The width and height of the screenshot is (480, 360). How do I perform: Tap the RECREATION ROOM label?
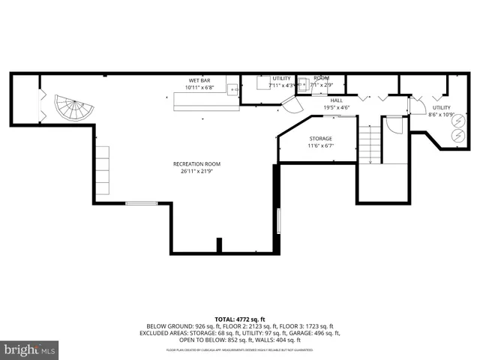(x=196, y=164)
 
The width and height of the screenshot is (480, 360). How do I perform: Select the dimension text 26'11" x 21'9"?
(x=196, y=172)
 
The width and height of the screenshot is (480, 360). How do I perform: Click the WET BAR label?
(x=199, y=80)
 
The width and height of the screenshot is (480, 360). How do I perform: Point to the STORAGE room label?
(x=320, y=139)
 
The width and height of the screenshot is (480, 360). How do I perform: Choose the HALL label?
(x=337, y=100)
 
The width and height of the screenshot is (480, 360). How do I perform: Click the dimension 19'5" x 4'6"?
(x=337, y=107)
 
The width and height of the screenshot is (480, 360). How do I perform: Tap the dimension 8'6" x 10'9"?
(x=441, y=114)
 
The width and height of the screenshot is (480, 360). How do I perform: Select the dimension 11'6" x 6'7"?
(x=320, y=145)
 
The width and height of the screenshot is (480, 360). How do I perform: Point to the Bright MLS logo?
(x=30, y=349)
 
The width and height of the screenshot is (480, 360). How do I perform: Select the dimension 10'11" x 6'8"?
(x=199, y=87)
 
